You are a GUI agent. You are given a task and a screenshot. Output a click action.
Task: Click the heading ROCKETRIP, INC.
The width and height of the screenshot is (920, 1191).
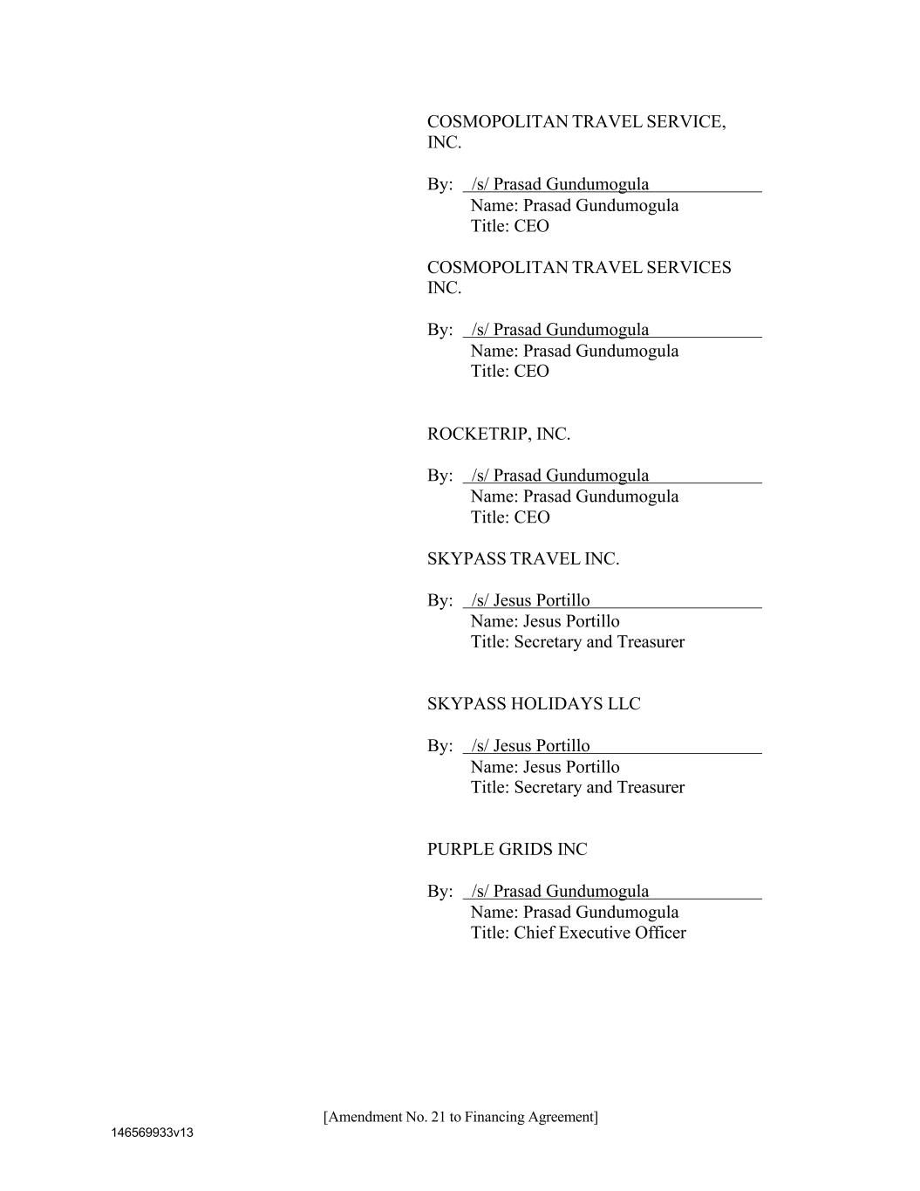(x=499, y=435)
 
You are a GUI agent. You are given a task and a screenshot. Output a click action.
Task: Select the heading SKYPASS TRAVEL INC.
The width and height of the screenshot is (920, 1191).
(x=523, y=559)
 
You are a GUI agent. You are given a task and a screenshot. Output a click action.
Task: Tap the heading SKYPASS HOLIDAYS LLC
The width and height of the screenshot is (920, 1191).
(x=534, y=704)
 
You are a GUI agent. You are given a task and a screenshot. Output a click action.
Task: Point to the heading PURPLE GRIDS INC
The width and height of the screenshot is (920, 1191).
(x=507, y=850)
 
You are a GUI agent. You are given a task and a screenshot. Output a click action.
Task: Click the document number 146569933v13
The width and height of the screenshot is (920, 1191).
(x=152, y=1133)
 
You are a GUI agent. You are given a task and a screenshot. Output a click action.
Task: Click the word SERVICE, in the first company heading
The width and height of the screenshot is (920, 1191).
(x=685, y=122)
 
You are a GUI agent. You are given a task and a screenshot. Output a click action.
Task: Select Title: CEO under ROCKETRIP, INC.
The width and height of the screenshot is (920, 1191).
(x=510, y=517)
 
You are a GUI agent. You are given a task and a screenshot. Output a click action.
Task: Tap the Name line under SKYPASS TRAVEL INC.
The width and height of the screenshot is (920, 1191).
(x=545, y=622)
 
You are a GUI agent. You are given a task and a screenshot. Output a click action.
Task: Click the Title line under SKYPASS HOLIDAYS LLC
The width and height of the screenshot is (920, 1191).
(x=577, y=788)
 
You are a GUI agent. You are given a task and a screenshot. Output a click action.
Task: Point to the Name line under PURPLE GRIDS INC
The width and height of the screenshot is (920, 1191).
(x=574, y=913)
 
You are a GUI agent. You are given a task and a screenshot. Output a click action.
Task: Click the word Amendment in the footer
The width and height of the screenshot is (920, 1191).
(x=362, y=1118)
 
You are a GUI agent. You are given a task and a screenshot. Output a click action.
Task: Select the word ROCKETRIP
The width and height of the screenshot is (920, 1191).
(x=478, y=435)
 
